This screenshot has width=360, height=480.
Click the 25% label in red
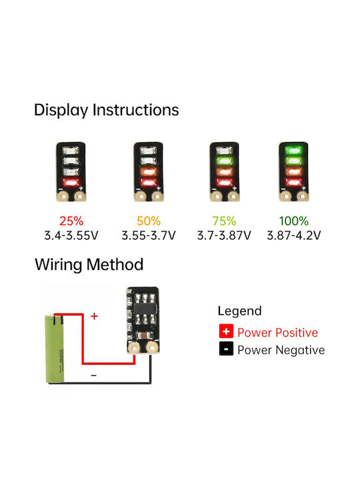coord(71,221)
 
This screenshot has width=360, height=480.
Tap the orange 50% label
coord(149,221)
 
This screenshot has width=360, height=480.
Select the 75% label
coord(224,221)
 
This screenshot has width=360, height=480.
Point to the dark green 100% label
coord(293,221)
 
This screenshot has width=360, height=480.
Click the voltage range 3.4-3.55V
coord(71,235)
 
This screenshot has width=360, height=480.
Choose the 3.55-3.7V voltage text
coord(149,235)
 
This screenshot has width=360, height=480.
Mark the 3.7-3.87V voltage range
coord(224,235)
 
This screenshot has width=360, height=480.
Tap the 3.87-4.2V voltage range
coord(294,235)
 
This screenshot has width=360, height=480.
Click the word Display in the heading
coord(61,110)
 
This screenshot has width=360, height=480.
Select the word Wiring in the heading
coord(59,265)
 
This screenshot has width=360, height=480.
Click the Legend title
coord(240,311)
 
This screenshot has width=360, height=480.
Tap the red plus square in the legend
coord(226,331)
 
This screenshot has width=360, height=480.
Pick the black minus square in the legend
coord(226,349)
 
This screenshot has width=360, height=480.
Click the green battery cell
coord(55,349)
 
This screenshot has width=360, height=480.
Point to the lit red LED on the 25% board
coord(71,183)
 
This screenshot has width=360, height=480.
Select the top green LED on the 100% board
coord(293,150)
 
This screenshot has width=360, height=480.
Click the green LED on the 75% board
coord(225,161)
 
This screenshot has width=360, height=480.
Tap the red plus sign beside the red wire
coord(94,316)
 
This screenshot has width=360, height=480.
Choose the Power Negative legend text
coord(281,350)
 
